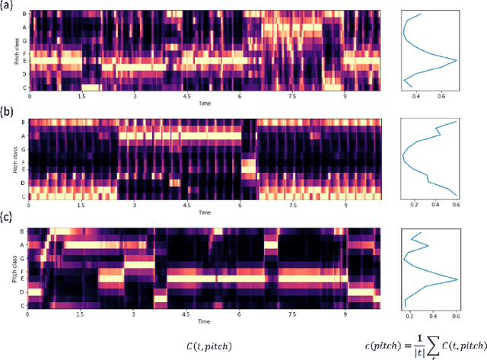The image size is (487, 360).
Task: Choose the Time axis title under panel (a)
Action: tap(205, 103)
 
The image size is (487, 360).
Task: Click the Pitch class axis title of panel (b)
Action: tap(14, 160)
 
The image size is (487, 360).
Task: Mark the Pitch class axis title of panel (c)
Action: tap(14, 267)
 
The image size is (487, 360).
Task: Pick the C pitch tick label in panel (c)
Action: tap(24, 304)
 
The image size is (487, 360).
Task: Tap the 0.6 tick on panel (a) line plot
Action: tap(441, 97)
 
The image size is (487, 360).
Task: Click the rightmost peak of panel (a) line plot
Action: tap(456, 60)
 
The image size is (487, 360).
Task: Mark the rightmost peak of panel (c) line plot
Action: tap(457, 279)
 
